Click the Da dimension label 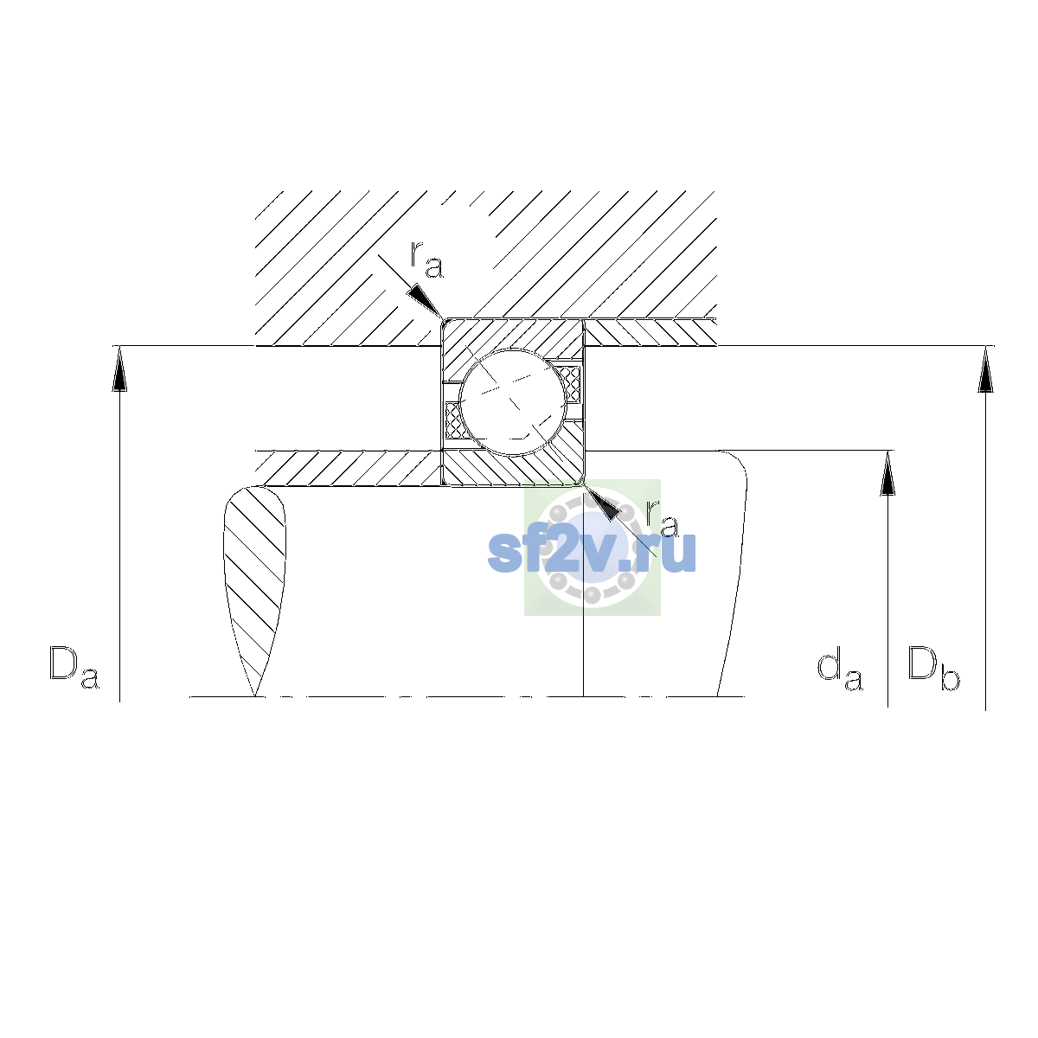click(x=74, y=668)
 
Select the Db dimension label click(x=933, y=668)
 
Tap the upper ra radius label click(x=427, y=259)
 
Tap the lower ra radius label click(x=663, y=519)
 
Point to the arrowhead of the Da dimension click(x=119, y=368)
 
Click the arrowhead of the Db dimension click(x=985, y=369)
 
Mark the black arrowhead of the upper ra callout click(x=424, y=300)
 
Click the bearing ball click(x=513, y=402)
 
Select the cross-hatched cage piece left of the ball click(x=454, y=420)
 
